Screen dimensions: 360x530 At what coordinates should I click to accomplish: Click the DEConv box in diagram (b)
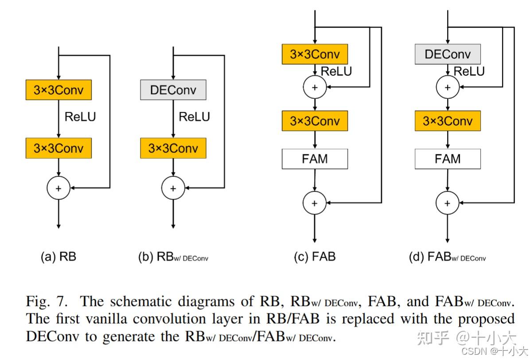pos(173,90)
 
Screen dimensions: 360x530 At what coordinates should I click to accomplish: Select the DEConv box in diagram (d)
pos(448,54)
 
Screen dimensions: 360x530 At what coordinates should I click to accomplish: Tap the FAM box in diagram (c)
pos(315,159)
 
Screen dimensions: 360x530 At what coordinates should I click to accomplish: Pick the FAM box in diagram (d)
pos(448,159)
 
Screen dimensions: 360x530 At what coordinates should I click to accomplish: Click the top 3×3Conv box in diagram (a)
pos(58,90)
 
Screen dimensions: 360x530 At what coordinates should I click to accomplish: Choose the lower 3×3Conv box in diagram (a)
pos(58,148)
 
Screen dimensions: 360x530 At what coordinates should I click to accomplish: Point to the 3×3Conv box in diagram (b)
pos(173,148)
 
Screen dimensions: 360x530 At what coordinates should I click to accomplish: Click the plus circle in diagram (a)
pos(58,188)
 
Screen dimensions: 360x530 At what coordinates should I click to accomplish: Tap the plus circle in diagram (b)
pos(173,188)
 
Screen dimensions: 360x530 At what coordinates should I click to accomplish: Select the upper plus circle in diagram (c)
pos(315,87)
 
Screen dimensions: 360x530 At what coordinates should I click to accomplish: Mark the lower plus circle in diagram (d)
pos(448,203)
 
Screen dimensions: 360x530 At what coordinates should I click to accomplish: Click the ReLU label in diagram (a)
pos(80,117)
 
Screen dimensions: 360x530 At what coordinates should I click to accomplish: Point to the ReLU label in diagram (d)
pos(469,71)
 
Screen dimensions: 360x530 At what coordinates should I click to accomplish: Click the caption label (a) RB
pos(58,257)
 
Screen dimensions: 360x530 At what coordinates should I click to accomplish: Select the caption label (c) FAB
pos(315,257)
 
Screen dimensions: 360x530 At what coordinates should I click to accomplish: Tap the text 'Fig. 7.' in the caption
pos(47,302)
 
